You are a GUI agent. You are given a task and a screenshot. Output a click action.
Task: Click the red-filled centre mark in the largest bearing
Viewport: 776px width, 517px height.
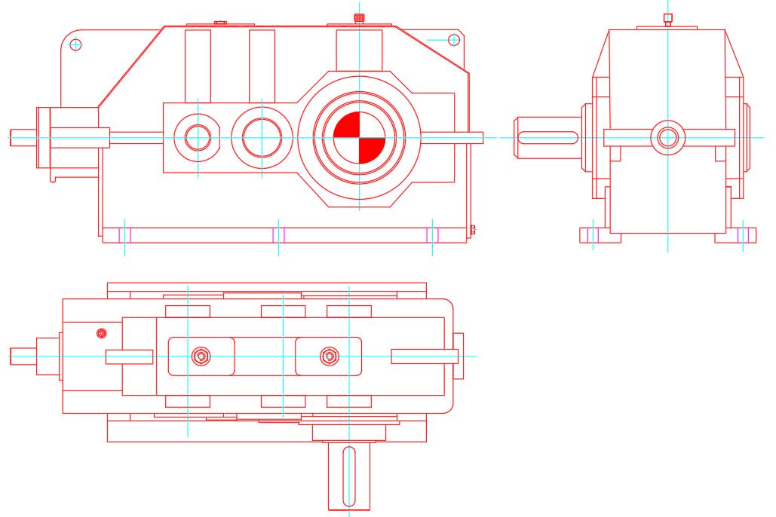tap(359, 138)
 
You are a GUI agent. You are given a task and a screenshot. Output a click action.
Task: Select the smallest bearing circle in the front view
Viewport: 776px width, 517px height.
tap(198, 138)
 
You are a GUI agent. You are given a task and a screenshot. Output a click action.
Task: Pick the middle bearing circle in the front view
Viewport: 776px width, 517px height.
tap(262, 138)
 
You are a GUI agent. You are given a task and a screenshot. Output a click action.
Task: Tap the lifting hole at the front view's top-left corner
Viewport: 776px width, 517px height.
tap(75, 44)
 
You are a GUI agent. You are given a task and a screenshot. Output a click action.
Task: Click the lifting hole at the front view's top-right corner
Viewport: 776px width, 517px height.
tap(454, 39)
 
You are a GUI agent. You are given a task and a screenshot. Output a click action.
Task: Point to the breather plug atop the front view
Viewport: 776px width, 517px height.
tap(359, 17)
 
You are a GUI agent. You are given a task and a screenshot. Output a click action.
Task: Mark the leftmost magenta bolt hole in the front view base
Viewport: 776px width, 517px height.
tap(125, 235)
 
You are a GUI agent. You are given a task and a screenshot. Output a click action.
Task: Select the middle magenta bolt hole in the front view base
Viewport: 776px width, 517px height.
tap(278, 235)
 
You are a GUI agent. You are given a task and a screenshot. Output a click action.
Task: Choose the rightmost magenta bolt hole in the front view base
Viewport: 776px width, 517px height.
tap(432, 235)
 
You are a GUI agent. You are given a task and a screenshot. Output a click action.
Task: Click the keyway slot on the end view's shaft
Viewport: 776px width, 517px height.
tap(547, 138)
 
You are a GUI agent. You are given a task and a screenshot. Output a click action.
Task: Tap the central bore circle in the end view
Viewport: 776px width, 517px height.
tap(667, 137)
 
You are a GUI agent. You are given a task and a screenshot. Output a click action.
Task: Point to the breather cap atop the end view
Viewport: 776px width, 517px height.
tap(667, 17)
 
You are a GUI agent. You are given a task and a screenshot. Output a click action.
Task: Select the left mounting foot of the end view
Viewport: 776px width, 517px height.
tap(600, 235)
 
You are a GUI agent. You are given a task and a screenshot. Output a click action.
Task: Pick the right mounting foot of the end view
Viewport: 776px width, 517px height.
tap(736, 235)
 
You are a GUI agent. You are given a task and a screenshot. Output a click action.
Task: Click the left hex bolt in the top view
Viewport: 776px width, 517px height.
tap(201, 356)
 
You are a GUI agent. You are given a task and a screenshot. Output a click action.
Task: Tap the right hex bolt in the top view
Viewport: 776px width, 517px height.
tap(329, 356)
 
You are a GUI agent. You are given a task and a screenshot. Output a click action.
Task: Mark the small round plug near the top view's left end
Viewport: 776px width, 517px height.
tap(102, 333)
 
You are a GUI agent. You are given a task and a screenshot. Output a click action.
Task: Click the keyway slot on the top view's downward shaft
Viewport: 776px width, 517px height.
tap(348, 476)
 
